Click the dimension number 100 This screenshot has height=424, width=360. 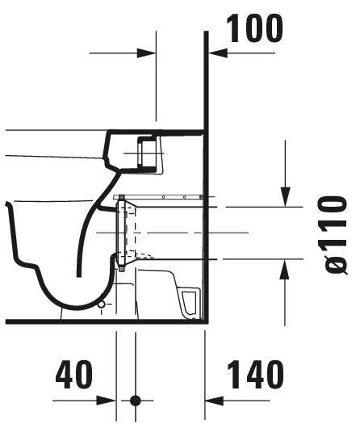click(x=254, y=28)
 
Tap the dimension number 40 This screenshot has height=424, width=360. click(x=74, y=374)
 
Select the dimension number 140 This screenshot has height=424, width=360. click(x=255, y=374)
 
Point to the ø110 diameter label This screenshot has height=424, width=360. click(x=333, y=235)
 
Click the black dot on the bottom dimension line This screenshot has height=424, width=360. click(x=136, y=401)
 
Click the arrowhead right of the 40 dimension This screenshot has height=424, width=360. click(x=107, y=401)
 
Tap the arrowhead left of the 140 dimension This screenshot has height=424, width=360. click(x=215, y=401)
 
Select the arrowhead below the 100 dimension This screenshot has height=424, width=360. click(x=218, y=53)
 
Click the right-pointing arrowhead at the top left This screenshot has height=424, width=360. click(x=146, y=53)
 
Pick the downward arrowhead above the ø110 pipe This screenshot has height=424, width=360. click(x=286, y=197)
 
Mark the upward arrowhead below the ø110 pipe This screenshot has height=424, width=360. click(x=285, y=269)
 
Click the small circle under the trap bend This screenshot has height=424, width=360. click(x=102, y=304)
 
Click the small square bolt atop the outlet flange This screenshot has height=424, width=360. click(x=121, y=197)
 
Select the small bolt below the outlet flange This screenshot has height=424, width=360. click(x=121, y=269)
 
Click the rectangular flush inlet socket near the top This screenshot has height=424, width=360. click(x=147, y=153)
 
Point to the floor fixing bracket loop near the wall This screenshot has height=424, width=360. click(x=189, y=303)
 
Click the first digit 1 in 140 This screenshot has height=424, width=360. click(x=235, y=374)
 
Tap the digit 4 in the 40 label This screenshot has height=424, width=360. click(x=65, y=374)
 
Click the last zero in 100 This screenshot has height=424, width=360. click(x=273, y=28)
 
